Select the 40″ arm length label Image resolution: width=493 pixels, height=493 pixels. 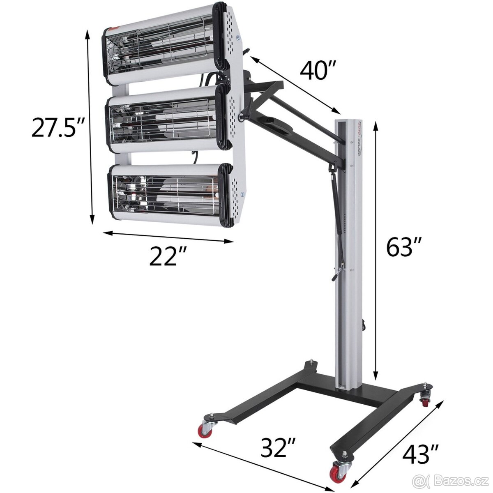tap(318, 70)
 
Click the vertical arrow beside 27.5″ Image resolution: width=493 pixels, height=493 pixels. tap(90, 127)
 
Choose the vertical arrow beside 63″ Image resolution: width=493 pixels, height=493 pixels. tap(375, 251)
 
